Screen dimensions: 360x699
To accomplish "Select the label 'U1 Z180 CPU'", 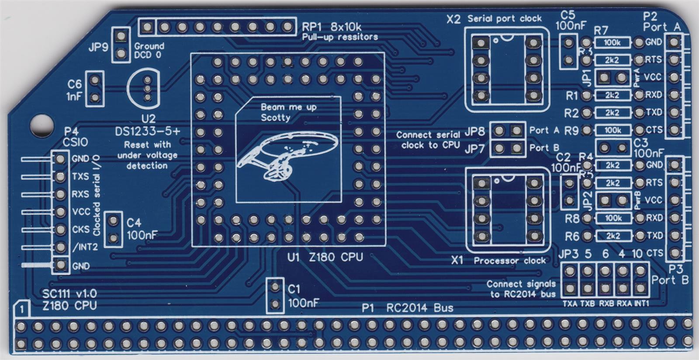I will click(325, 257).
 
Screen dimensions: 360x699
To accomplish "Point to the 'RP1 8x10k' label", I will click(332, 27).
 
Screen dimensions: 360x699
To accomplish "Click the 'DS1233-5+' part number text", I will click(147, 132).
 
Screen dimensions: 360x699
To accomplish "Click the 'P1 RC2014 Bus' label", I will click(407, 308).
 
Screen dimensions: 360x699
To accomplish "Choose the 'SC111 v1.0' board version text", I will click(69, 294).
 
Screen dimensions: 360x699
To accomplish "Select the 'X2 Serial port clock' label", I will click(494, 19).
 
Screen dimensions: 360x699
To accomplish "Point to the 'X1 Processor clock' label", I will click(498, 261).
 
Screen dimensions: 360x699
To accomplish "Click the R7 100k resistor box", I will click(612, 42).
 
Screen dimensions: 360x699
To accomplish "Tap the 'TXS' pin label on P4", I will click(80, 177).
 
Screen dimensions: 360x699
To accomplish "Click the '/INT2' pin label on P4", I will click(85, 247).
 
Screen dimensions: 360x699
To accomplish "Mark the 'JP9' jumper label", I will click(98, 47).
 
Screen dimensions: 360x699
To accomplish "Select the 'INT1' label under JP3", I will click(641, 303).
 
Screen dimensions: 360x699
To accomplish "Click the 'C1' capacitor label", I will click(294, 289).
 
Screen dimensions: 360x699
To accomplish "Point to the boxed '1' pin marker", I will click(22, 309).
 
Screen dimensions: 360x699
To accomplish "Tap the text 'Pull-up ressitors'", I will click(340, 37).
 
